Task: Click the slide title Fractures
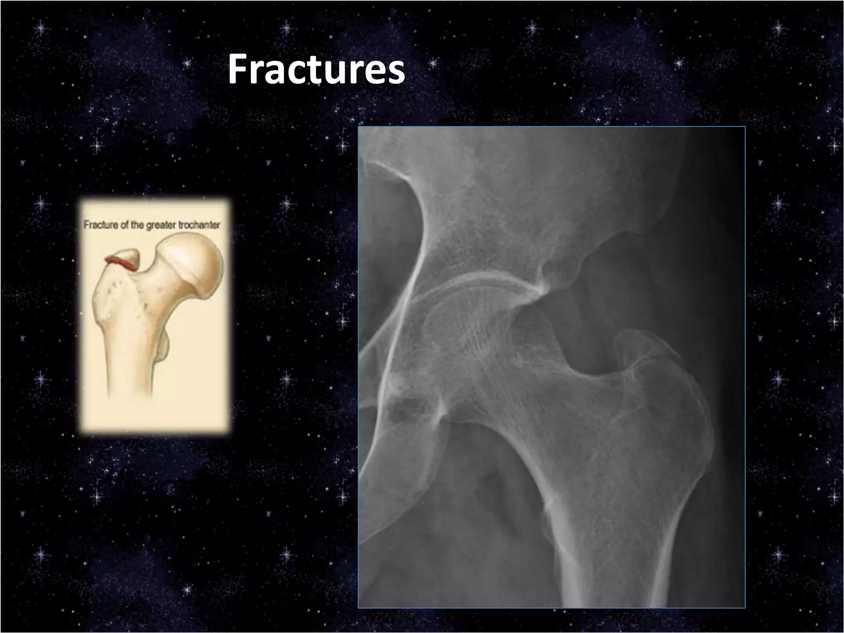[x=316, y=70]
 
